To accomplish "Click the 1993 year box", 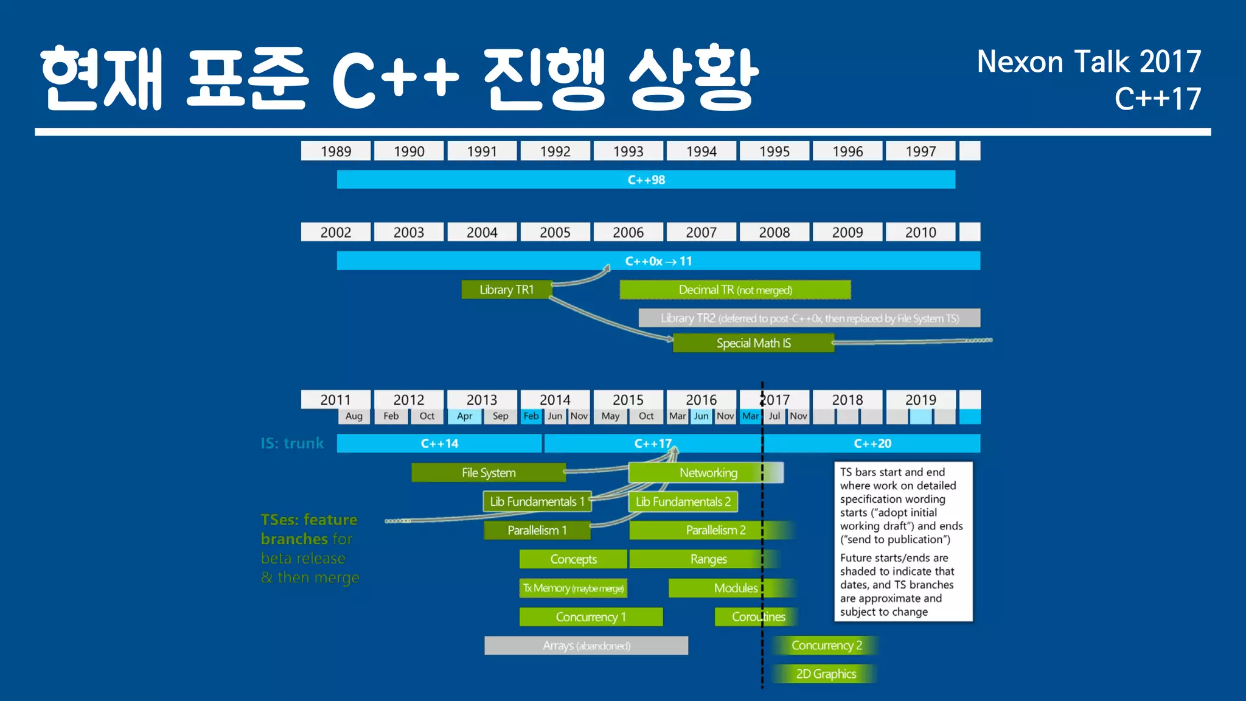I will pos(628,152).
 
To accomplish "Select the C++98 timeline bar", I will pos(646,180).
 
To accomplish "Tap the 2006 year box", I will pos(628,232).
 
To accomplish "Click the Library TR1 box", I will pos(506,290).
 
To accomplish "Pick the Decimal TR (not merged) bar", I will pos(735,290).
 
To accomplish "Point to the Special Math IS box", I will pos(753,343).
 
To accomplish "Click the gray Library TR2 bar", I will pos(809,318).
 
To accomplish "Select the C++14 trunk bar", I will pos(439,444).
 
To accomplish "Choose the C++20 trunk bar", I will pos(872,444).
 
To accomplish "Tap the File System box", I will pos(488,473).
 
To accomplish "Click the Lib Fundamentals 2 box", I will pos(683,501).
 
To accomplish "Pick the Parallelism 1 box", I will pos(537,530).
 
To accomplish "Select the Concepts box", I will pos(573,559).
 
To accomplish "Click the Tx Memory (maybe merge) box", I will pos(573,588).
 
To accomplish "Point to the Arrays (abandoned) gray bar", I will pos(586,646).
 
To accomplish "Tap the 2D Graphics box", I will pos(826,674).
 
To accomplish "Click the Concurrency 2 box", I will pos(826,645).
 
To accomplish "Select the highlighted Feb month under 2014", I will pos(531,416).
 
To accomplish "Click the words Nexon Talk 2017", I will pos(1088,62).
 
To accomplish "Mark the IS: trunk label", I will pos(292,444).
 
